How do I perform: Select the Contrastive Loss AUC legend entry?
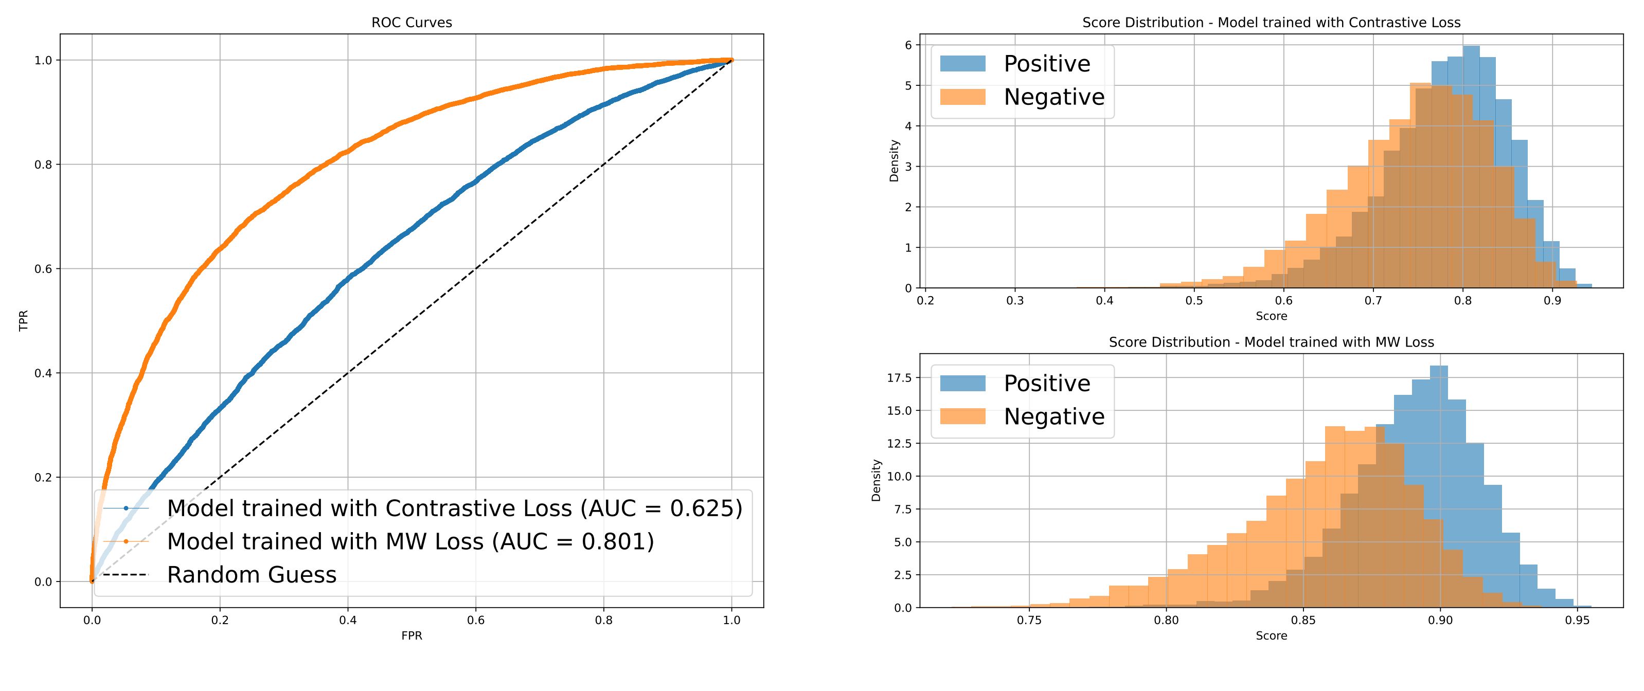454,508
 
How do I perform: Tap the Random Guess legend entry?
252,575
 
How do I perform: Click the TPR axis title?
24,321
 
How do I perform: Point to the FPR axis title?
412,635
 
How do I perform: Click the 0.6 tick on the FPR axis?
475,620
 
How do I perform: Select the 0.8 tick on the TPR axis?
43,165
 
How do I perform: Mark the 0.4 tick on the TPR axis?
43,373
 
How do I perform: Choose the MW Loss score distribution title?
1271,342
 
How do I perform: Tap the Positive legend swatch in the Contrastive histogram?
962,63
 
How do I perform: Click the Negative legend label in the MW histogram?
1053,416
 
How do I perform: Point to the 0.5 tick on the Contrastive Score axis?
1194,301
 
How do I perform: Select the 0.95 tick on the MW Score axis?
1577,620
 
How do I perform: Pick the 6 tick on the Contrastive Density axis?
908,45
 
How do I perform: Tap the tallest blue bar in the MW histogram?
1438,485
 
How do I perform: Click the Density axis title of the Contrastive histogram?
894,161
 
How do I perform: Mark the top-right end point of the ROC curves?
731,60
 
